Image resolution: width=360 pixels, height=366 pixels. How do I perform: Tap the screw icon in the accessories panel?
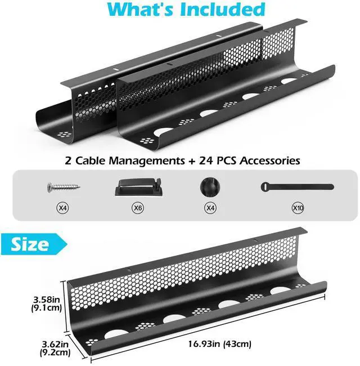tap(64, 186)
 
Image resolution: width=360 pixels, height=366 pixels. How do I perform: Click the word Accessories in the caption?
tap(269, 160)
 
